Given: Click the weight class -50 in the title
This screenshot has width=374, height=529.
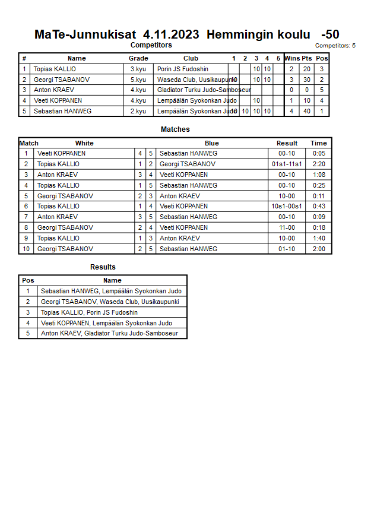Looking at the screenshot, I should pyautogui.click(x=330, y=34).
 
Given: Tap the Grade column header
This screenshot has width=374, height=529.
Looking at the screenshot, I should pyautogui.click(x=138, y=58).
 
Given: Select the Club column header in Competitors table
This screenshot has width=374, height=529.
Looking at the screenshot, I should pyautogui.click(x=191, y=58).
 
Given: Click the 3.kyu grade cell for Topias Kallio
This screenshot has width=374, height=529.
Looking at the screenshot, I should pyautogui.click(x=138, y=69).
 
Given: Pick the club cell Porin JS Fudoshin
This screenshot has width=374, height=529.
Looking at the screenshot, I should pyautogui.click(x=183, y=69).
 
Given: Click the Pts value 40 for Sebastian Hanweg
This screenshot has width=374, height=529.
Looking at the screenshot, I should pyautogui.click(x=307, y=111).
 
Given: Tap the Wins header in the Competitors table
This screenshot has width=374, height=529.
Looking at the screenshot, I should pyautogui.click(x=292, y=58).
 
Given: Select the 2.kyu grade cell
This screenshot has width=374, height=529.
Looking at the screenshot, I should pyautogui.click(x=138, y=111).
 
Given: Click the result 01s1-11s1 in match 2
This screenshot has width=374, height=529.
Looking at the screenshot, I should pyautogui.click(x=287, y=164).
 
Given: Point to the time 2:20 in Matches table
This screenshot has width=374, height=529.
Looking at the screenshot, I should pyautogui.click(x=319, y=164).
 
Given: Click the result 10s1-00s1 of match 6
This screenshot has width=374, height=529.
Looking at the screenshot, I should pyautogui.click(x=287, y=206).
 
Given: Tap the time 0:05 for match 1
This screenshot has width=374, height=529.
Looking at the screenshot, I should pyautogui.click(x=319, y=153).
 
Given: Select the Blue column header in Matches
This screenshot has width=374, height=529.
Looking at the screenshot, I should pyautogui.click(x=212, y=143).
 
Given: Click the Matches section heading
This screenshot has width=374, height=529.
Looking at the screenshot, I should pyautogui.click(x=175, y=129).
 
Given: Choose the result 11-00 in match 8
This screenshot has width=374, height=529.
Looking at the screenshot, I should pyautogui.click(x=287, y=227).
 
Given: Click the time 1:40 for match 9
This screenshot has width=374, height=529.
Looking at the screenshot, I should pyautogui.click(x=319, y=238).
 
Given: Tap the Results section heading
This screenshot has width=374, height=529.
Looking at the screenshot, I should pyautogui.click(x=103, y=267).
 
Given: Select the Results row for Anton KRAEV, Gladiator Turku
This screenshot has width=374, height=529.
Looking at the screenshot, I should pyautogui.click(x=109, y=334).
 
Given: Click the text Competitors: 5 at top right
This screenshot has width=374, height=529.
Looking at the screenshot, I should pyautogui.click(x=335, y=46).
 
